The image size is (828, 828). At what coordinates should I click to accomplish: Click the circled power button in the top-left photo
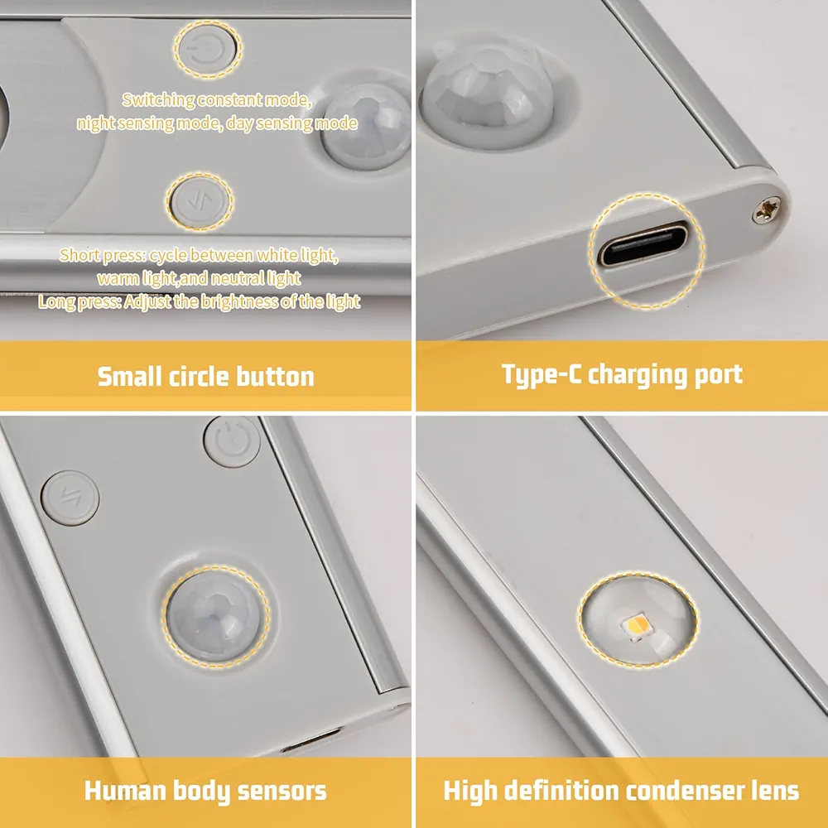pos(208,49)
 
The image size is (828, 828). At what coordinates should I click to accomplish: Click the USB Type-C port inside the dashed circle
pos(644,246)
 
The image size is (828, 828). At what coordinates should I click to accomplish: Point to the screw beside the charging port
pos(767,209)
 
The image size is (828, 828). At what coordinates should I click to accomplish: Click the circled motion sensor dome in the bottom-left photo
pos(215,617)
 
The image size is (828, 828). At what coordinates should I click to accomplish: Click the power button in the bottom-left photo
pos(233,441)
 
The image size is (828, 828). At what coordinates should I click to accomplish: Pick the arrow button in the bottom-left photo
pos(70,498)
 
